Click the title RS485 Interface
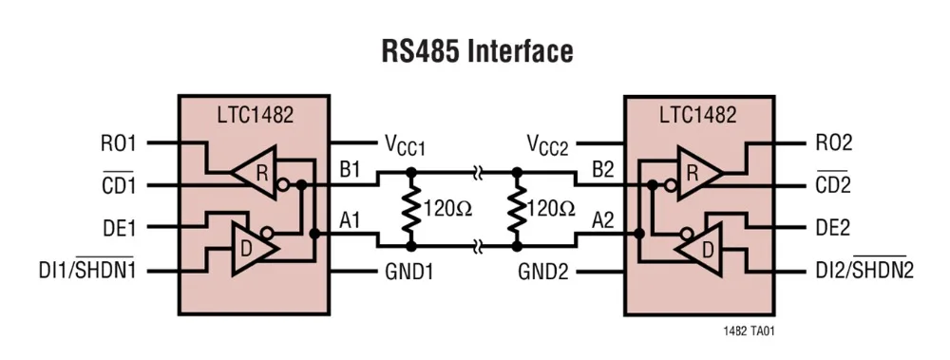point(477,51)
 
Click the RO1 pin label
point(118,143)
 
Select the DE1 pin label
point(118,228)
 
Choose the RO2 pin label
point(834,143)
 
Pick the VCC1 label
point(405,144)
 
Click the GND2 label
point(543,272)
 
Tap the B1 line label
point(350,169)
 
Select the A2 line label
point(603,220)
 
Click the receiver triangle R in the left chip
point(255,173)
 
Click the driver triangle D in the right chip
point(699,249)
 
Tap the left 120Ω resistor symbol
point(410,209)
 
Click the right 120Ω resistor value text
point(550,208)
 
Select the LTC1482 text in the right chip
point(698,114)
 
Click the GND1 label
point(408,272)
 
